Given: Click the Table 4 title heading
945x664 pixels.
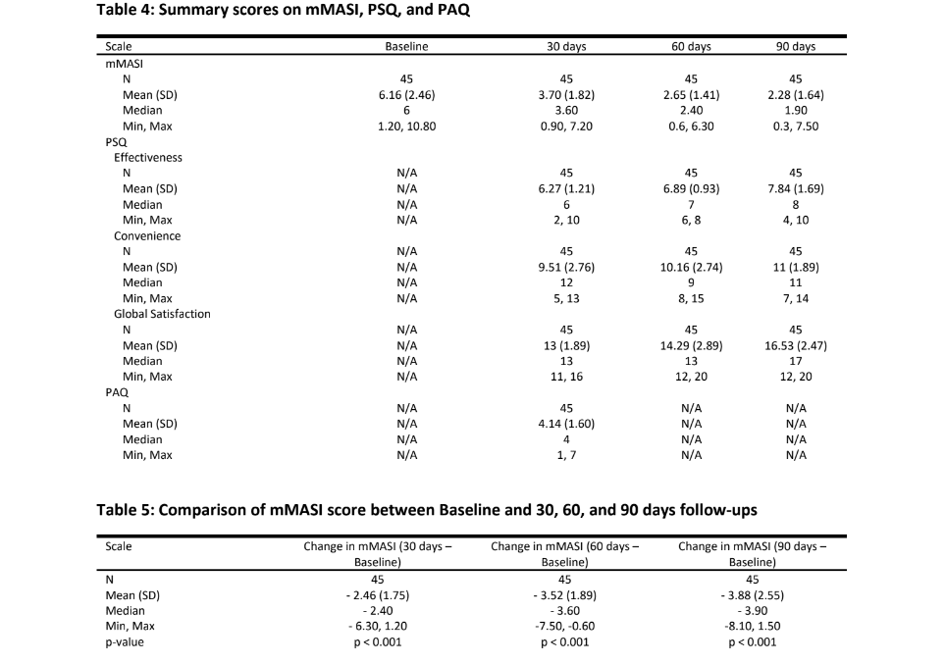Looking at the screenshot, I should [x=290, y=11].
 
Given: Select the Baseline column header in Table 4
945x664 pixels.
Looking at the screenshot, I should [x=406, y=46].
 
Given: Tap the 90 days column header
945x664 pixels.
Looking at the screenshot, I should [x=795, y=46].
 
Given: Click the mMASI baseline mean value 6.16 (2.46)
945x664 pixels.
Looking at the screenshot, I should [x=406, y=95].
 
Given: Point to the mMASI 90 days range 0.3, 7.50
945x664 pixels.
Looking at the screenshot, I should [x=795, y=127].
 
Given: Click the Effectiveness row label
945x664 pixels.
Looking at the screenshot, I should [x=147, y=157].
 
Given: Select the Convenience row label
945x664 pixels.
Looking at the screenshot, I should [x=147, y=235].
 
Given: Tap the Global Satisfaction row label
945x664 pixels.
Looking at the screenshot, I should [x=162, y=314].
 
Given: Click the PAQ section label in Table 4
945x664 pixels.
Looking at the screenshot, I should [x=117, y=392].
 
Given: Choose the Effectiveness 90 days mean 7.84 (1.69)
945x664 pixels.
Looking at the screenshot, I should [x=795, y=188].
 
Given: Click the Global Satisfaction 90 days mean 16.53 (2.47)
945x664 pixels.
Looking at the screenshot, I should [x=795, y=345].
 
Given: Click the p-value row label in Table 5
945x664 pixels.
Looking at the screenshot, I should [x=125, y=642].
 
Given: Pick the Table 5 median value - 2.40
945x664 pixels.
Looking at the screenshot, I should [x=378, y=611].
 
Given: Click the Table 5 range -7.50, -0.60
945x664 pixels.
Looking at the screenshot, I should [x=564, y=627].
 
